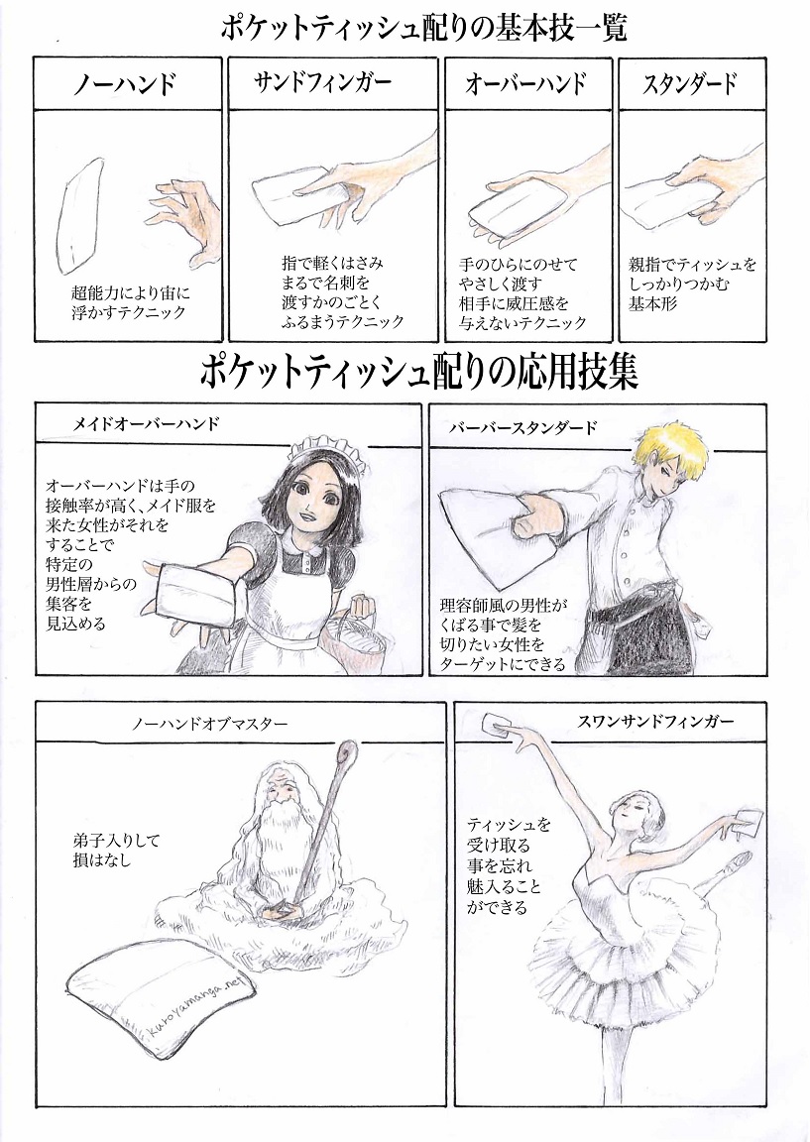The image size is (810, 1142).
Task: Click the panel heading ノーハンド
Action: pyautogui.click(x=126, y=85)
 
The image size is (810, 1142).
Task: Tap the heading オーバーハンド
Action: pyautogui.click(x=526, y=84)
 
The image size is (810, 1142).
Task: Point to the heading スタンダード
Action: pyautogui.click(x=690, y=83)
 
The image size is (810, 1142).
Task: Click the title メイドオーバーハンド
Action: pyautogui.click(x=147, y=423)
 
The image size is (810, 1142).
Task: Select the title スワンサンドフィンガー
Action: pyautogui.click(x=639, y=722)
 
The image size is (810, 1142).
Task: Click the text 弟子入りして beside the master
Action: pyautogui.click(x=116, y=841)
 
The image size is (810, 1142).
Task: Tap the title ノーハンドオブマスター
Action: pyautogui.click(x=210, y=725)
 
